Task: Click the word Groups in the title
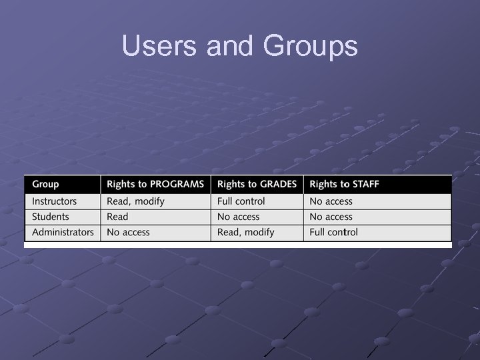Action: pos(311,47)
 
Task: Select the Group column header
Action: pos(45,184)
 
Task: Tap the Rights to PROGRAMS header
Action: pos(155,184)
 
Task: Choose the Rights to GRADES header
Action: pos(257,184)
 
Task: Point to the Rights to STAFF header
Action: pos(345,184)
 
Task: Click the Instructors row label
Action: pos(54,201)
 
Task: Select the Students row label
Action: pos(51,217)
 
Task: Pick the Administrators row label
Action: pos(63,232)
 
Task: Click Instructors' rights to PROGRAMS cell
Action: pos(135,201)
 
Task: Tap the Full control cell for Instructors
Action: pos(241,201)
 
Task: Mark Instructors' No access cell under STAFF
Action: pos(331,201)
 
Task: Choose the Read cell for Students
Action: pos(117,217)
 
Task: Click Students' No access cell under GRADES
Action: pos(239,217)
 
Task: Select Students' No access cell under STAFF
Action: pos(331,217)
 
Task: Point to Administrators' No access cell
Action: pos(128,232)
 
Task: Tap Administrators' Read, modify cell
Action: pos(246,232)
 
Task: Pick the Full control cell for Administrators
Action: pos(333,232)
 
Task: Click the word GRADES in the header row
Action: pos(278,184)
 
